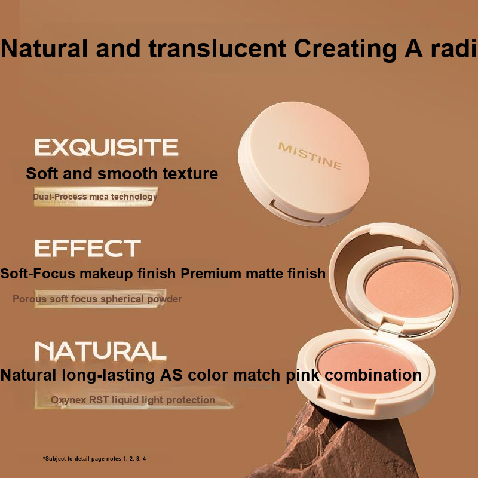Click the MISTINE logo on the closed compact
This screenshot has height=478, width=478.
click(x=310, y=156)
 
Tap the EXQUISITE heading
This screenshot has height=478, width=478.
click(x=106, y=147)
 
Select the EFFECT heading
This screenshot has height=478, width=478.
click(x=88, y=248)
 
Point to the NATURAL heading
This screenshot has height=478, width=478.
click(x=100, y=351)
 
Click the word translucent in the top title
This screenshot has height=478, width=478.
click(x=217, y=48)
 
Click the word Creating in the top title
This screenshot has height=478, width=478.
click(x=346, y=49)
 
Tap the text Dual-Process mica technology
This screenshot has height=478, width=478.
click(x=95, y=197)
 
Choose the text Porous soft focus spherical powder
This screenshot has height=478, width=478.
click(x=97, y=299)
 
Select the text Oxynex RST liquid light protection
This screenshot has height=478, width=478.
click(x=133, y=400)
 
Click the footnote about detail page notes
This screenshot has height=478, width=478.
click(x=94, y=459)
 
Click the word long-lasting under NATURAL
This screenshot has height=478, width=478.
click(x=108, y=375)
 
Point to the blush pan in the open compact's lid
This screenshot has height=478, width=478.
click(x=409, y=289)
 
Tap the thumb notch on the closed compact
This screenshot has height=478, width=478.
click(x=297, y=212)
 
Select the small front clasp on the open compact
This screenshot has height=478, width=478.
click(x=346, y=400)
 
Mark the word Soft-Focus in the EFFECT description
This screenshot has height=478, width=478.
click(x=38, y=274)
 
